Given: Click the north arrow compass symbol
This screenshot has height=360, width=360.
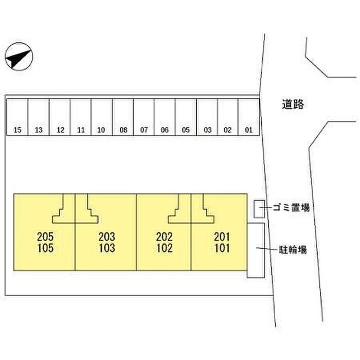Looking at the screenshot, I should point(19,56).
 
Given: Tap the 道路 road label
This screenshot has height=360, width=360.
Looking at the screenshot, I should point(294,104).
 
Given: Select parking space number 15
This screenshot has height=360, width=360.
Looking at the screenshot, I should point(17,117).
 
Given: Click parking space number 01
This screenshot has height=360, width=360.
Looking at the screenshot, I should point(249,117).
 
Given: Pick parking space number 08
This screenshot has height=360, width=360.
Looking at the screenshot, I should point(123,117).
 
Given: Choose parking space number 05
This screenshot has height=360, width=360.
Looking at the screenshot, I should point(186,117).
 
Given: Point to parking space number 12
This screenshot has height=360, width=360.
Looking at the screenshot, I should point(60,117).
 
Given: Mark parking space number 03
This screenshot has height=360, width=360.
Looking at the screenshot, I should point(207,117).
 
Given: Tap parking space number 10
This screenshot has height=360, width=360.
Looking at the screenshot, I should point(101,117).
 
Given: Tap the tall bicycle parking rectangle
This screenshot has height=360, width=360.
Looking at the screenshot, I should point(256,250).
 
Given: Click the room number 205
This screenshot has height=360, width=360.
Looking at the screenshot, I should point(45,237).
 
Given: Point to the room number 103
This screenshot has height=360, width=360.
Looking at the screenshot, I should point(106,248).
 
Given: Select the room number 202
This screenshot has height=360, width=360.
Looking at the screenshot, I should point(164,237).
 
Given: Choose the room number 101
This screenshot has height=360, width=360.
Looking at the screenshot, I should point(222,248).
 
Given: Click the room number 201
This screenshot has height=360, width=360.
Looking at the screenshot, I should point(222,237).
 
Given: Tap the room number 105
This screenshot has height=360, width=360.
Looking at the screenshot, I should point(45,248).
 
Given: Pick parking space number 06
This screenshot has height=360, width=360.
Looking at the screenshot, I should point(165,117).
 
